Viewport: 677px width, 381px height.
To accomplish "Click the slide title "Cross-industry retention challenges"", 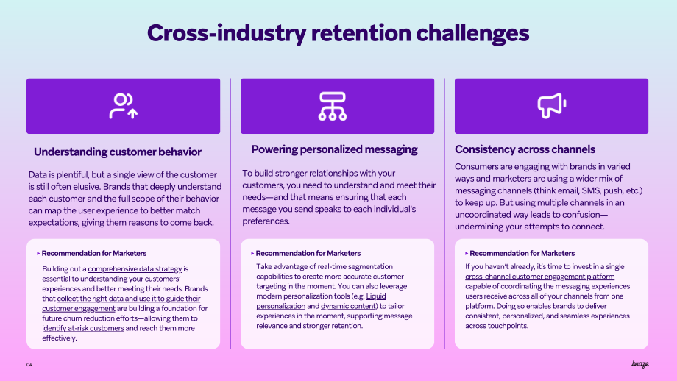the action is point(338,33).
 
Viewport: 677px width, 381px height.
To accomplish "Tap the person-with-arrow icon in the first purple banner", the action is point(123,106).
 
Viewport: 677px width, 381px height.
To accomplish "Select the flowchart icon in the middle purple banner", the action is point(333,106).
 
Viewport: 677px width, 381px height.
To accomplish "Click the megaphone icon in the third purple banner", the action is point(551,106).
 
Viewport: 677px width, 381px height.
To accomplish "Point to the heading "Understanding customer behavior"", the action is point(118,152).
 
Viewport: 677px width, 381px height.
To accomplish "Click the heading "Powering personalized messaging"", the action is point(334,149).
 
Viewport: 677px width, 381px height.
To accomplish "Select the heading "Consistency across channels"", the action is point(525,149).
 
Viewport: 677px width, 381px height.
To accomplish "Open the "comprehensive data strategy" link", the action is point(135,268).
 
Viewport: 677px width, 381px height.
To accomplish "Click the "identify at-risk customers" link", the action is point(83,328).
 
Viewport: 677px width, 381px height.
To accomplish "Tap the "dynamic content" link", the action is point(348,306).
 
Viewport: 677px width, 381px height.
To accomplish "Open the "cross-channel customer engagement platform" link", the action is point(539,277).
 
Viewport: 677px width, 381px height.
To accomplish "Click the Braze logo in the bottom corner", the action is point(640,364).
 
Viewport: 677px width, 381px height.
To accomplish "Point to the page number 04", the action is point(29,365).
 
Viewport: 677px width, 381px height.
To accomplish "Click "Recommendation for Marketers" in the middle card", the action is point(308,253).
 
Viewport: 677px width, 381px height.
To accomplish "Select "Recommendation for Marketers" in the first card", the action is point(93,253).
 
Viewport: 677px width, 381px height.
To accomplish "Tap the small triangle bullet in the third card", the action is point(467,253).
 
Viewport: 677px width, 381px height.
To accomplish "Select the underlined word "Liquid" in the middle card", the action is point(376,296).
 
